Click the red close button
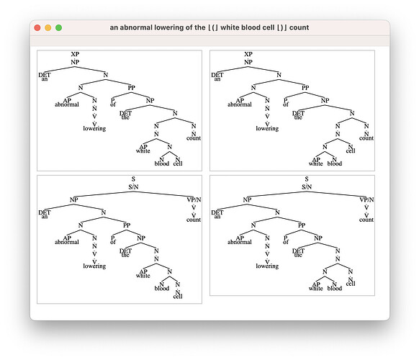coord(37,27)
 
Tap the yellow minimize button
coord(48,27)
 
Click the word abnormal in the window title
coord(136,27)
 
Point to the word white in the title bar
coord(230,27)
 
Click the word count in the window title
coord(299,28)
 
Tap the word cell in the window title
coord(269,27)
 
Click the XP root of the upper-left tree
coord(75,54)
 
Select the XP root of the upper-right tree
coord(248,54)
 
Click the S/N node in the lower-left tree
coord(133,186)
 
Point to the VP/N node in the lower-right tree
coord(366,199)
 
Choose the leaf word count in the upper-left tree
coord(194,138)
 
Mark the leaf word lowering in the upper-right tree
coord(267,129)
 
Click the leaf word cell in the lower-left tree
coord(178,297)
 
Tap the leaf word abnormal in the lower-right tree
coord(240,242)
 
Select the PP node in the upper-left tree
coord(132,88)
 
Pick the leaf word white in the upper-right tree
coord(316,163)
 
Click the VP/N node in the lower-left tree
coord(194,199)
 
